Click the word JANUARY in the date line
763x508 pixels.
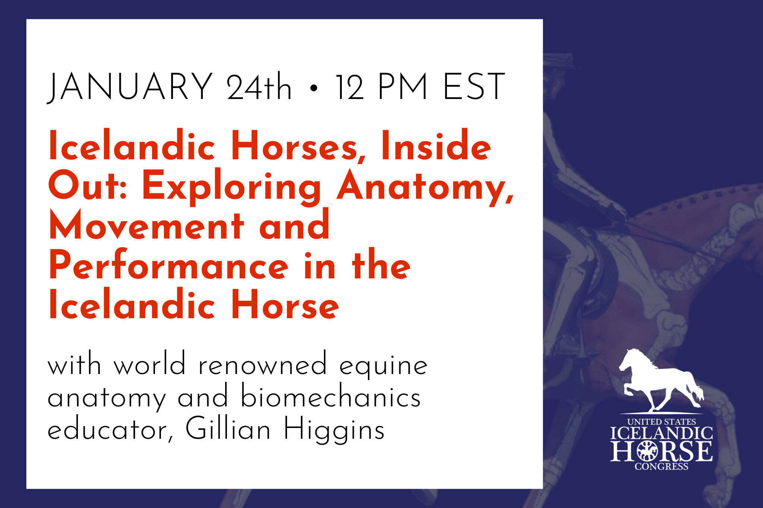click(x=130, y=87)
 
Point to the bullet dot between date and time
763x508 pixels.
click(x=314, y=88)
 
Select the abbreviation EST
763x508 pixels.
click(x=474, y=87)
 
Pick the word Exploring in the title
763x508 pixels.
click(x=231, y=187)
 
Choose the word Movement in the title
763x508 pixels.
click(x=146, y=225)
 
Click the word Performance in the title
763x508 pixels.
click(x=168, y=265)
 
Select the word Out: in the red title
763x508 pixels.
click(x=88, y=185)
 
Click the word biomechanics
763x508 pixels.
click(x=331, y=396)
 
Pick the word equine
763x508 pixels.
click(x=383, y=366)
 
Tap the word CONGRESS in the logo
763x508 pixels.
click(x=662, y=466)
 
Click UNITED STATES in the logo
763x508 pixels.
click(x=662, y=422)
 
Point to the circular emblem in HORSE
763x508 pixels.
click(x=647, y=451)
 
